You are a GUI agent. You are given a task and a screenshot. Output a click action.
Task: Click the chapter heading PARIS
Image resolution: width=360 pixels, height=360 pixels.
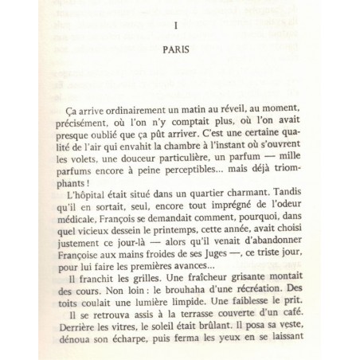click(x=181, y=48)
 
